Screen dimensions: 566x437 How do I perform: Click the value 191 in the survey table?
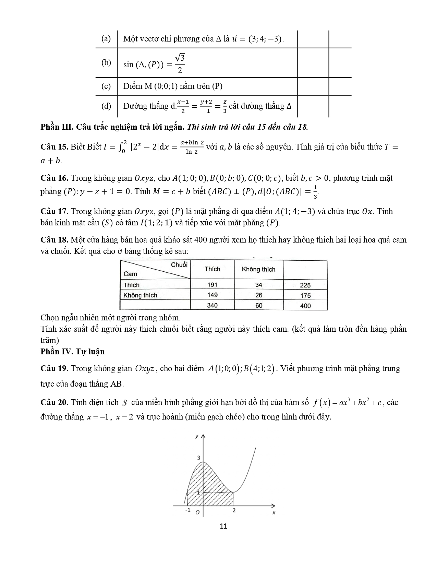click(212, 285)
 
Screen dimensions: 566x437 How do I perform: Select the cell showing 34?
click(259, 285)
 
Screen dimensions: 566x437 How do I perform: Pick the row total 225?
click(305, 285)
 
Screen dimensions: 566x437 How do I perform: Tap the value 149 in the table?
click(212, 295)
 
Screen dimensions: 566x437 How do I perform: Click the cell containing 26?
click(259, 295)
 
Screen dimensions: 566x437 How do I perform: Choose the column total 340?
click(212, 305)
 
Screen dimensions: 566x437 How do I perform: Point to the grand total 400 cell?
click(305, 306)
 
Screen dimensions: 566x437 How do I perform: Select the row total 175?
click(305, 295)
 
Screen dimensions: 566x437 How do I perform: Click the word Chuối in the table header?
click(179, 265)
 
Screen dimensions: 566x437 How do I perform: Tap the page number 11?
click(223, 526)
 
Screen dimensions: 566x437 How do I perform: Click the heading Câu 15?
click(54, 147)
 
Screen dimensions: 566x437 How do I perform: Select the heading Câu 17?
click(54, 211)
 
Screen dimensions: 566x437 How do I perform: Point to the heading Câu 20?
click(54, 402)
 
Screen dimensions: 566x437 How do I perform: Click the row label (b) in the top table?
click(106, 62)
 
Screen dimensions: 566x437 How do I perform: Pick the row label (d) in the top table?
click(106, 106)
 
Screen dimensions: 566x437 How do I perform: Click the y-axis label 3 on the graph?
click(198, 458)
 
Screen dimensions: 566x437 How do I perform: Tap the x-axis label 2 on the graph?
click(234, 510)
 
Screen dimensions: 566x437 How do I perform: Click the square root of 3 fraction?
click(180, 63)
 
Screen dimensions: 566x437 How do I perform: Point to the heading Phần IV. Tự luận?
click(73, 352)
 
